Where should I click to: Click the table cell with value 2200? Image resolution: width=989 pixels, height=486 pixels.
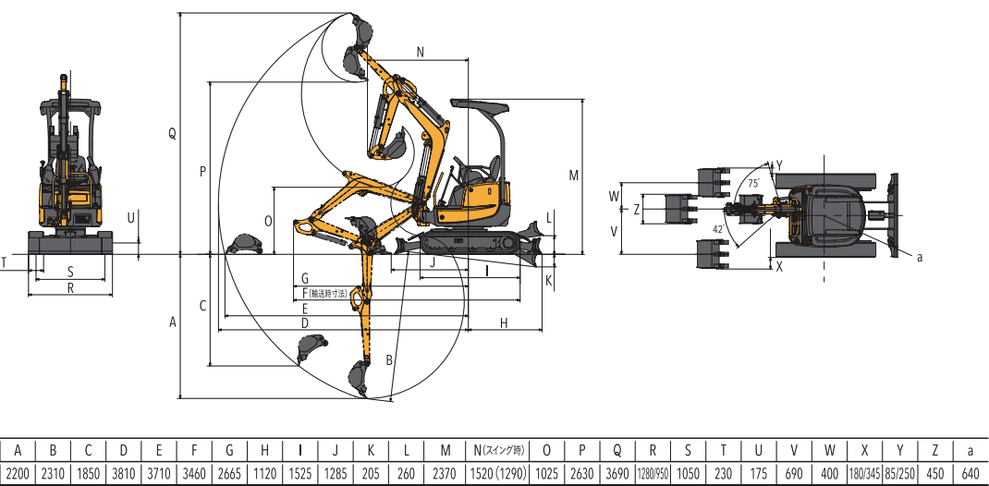(18, 474)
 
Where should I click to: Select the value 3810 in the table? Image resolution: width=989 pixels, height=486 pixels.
(124, 474)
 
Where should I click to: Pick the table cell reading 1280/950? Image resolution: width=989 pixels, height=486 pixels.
(653, 474)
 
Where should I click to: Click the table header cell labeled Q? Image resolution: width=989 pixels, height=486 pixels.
(617, 451)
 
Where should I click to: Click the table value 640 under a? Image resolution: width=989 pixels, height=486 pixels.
(971, 474)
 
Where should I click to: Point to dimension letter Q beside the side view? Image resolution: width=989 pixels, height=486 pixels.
(172, 134)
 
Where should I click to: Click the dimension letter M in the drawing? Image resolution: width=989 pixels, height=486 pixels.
(573, 175)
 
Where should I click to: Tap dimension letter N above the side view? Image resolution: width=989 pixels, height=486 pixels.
(421, 52)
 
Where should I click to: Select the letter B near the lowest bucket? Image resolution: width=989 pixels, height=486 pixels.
(390, 359)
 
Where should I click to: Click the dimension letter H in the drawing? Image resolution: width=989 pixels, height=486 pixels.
(504, 322)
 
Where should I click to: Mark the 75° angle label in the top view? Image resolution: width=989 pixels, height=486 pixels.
(754, 184)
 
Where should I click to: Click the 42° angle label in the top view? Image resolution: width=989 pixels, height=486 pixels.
(718, 228)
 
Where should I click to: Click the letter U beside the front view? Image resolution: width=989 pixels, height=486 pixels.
(131, 218)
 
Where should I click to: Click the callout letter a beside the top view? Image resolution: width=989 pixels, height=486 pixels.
(920, 258)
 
